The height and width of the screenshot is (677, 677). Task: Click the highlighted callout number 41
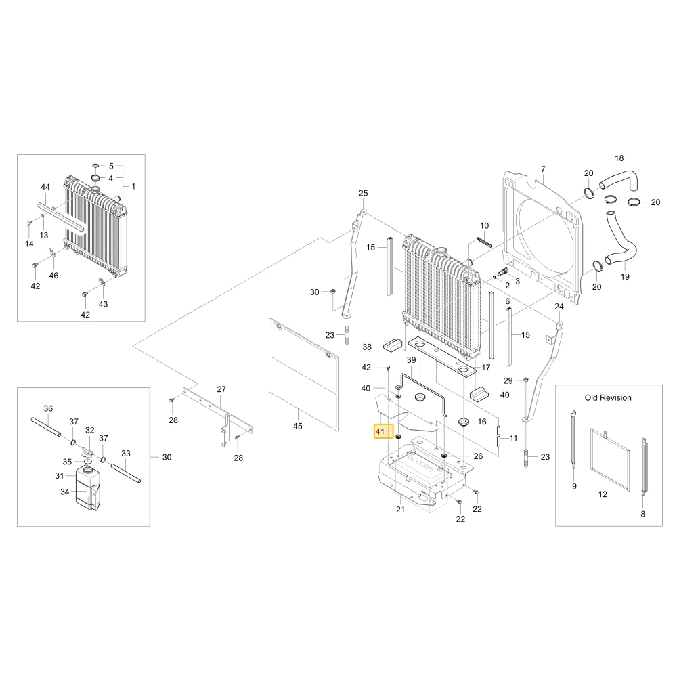pyautogui.click(x=380, y=431)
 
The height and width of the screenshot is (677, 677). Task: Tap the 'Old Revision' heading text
pyautogui.click(x=608, y=397)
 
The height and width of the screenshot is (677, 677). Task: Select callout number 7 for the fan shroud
pyautogui.click(x=543, y=169)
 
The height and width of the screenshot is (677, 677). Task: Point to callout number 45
pyautogui.click(x=297, y=426)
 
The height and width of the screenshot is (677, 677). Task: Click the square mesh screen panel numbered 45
pyautogui.click(x=303, y=374)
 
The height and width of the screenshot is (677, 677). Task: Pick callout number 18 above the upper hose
pyautogui.click(x=619, y=158)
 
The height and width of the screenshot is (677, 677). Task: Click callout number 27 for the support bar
pyautogui.click(x=221, y=389)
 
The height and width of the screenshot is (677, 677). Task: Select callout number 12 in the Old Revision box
pyautogui.click(x=603, y=494)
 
